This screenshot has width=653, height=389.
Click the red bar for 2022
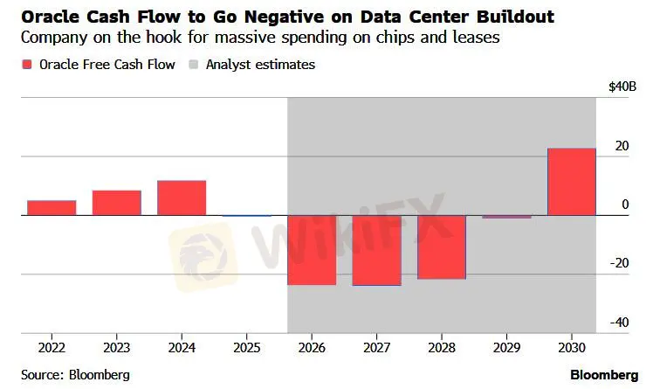coord(52,207)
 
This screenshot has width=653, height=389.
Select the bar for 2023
coord(116,202)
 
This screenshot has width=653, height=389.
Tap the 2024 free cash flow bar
coord(182,198)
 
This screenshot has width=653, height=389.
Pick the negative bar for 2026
coord(312,249)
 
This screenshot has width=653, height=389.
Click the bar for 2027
coord(376,250)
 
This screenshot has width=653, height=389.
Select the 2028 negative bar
coord(442,247)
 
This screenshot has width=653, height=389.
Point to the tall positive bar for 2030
coord(571,182)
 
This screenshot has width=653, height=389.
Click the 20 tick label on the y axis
coord(621,145)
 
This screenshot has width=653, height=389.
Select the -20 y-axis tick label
coord(618,263)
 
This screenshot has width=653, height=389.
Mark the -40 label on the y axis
coord(618,323)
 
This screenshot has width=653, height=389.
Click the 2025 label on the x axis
coord(246,347)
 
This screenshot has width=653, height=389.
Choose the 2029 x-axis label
coord(506,347)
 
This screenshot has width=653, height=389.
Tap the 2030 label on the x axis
coord(571,347)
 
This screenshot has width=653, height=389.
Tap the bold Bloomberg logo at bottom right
coord(605,374)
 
